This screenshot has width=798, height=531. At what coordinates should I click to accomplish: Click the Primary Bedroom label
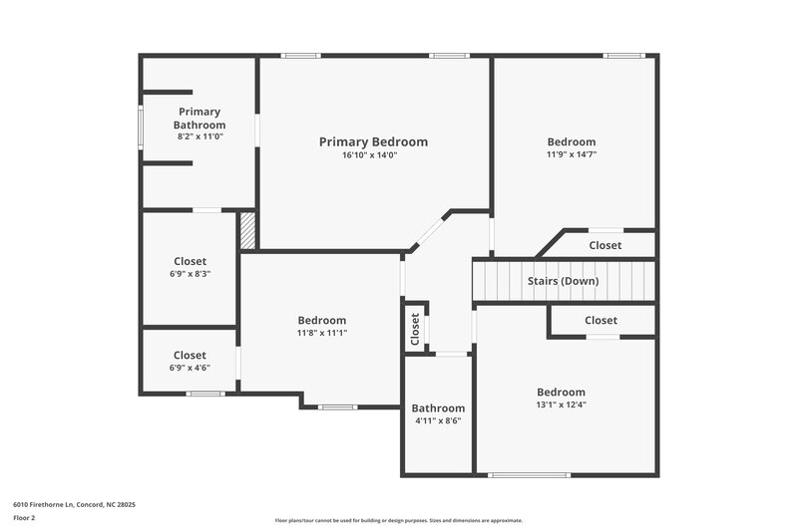pyautogui.click(x=373, y=142)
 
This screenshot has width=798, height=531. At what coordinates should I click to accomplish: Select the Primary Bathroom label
pyautogui.click(x=199, y=119)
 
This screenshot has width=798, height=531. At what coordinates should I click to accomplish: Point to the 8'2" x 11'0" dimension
pyautogui.click(x=199, y=136)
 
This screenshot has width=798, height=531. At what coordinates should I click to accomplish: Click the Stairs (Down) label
pyautogui.click(x=563, y=281)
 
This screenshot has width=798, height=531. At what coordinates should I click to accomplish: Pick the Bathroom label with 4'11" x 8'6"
pyautogui.click(x=438, y=408)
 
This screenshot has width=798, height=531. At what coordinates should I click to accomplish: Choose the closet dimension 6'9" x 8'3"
pyautogui.click(x=190, y=274)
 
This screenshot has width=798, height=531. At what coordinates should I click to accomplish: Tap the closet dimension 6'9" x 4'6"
pyautogui.click(x=190, y=368)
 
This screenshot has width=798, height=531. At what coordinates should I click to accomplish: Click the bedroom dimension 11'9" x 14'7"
pyautogui.click(x=571, y=155)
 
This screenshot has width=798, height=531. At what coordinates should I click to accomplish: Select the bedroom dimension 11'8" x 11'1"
pyautogui.click(x=321, y=333)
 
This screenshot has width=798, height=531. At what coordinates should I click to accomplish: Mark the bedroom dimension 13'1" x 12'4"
pyautogui.click(x=561, y=404)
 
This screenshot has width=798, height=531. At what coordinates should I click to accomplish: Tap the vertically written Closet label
pyautogui.click(x=415, y=329)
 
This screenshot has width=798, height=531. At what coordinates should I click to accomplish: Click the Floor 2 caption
pyautogui.click(x=25, y=519)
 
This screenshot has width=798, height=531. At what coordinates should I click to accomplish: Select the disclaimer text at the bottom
pyautogui.click(x=398, y=520)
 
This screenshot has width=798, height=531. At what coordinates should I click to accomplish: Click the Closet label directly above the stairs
pyautogui.click(x=604, y=245)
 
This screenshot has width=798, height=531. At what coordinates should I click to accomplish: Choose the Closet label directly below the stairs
pyautogui.click(x=600, y=321)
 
